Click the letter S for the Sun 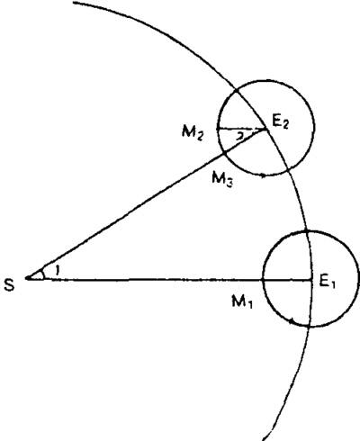tap(9, 284)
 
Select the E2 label tap(280, 122)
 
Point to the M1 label tap(242, 301)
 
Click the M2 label tap(193, 133)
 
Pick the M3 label tap(222, 180)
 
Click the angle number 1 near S tap(57, 271)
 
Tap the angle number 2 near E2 tap(239, 137)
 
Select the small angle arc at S tap(42, 273)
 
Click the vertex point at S tap(27, 279)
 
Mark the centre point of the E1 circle tap(310, 280)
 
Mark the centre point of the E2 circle tap(266, 129)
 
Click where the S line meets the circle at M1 tap(263, 280)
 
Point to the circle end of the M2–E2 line tap(217, 129)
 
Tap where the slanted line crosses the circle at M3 tap(224, 154)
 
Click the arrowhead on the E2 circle tap(263, 175)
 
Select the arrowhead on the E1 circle tap(291, 321)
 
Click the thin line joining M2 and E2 tap(241, 129)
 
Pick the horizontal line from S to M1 tap(145, 280)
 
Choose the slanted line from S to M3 tap(125, 216)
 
